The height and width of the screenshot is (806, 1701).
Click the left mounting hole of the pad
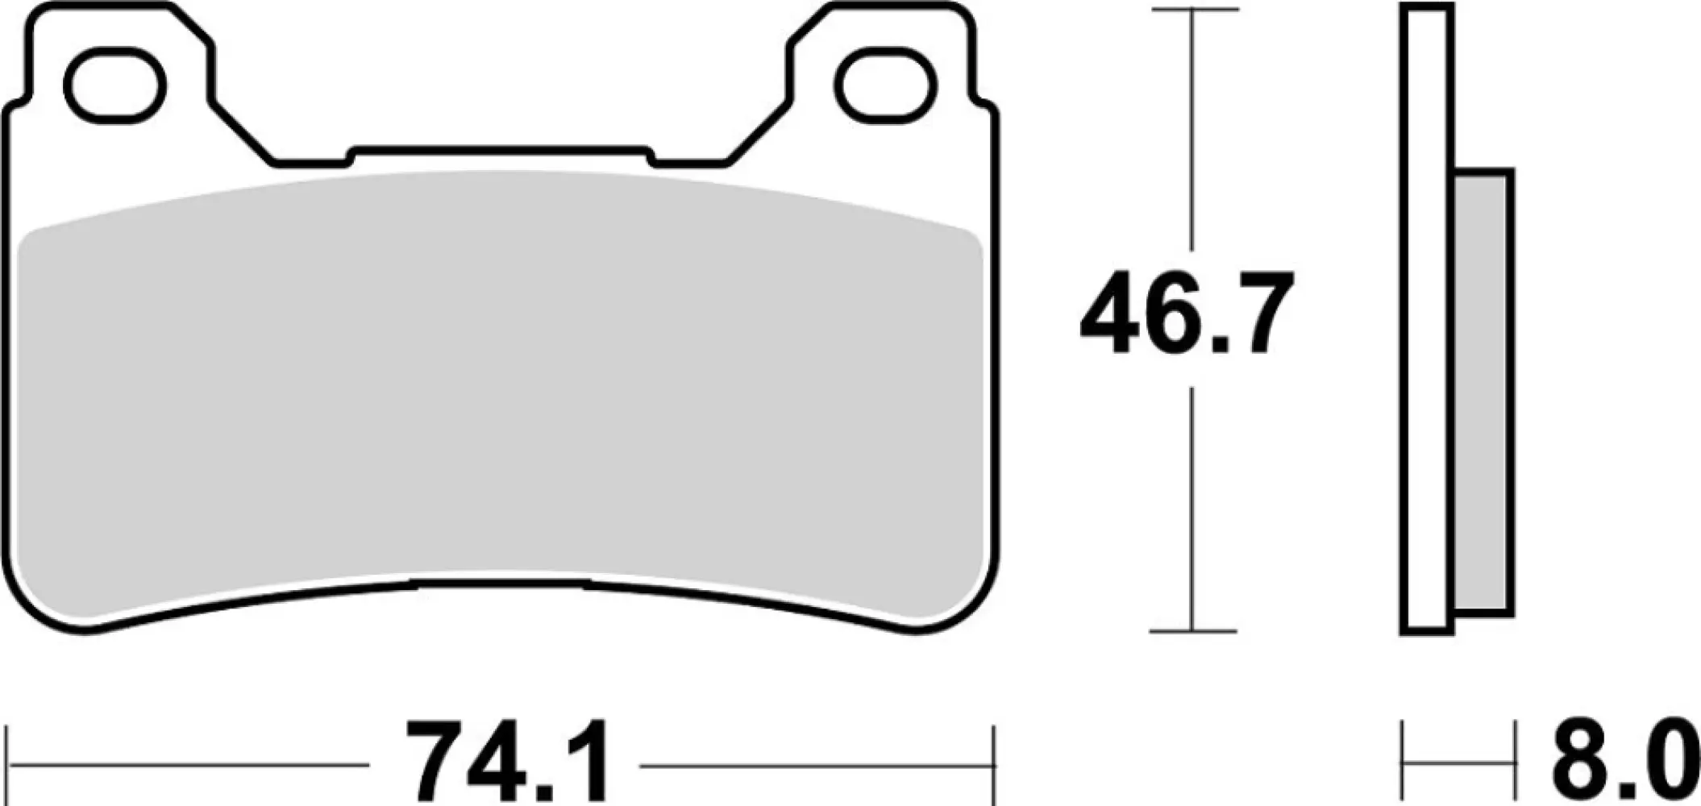[x=114, y=85]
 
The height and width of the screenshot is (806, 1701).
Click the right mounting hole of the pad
[x=885, y=85]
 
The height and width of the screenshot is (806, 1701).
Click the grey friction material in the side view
[x=1483, y=393]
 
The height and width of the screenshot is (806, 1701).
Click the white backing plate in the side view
[x=1425, y=322]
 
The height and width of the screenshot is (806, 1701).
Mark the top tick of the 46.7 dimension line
[x=1194, y=10]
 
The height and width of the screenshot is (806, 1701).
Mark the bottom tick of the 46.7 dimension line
[x=1194, y=631]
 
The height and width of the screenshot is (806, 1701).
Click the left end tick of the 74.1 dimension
[x=7, y=766]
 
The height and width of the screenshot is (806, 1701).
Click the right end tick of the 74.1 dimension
[x=995, y=766]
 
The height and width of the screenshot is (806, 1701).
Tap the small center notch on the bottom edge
[x=500, y=584]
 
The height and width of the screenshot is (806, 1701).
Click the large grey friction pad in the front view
[x=500, y=387]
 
